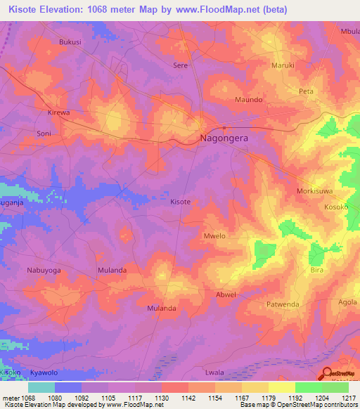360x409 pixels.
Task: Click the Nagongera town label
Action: tap(224, 139)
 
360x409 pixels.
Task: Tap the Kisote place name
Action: tap(181, 202)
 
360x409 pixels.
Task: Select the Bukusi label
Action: tap(70, 41)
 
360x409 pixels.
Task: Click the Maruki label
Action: tap(283, 65)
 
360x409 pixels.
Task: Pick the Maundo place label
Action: tap(249, 100)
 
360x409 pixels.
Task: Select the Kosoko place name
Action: tap(336, 209)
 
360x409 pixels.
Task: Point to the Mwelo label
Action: tap(214, 236)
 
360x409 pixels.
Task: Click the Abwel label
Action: tap(226, 295)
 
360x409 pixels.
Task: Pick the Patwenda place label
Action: tap(283, 304)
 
